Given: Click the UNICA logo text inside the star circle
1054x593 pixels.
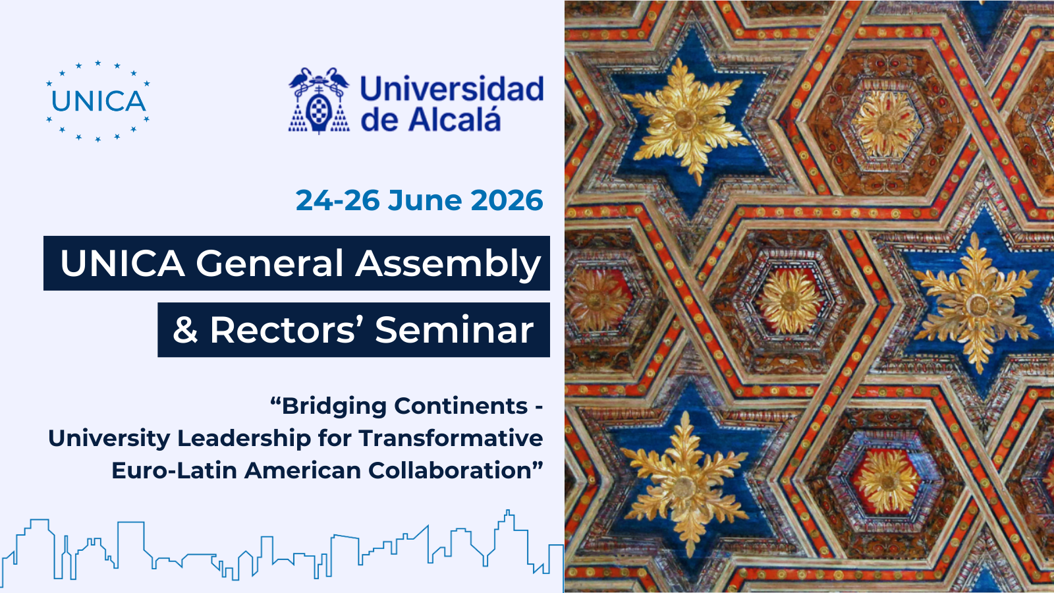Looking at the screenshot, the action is pyautogui.click(x=98, y=101).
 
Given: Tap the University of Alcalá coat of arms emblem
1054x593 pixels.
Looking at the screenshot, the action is pyautogui.click(x=319, y=101).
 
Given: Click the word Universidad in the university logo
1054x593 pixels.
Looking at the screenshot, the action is pyautogui.click(x=452, y=89).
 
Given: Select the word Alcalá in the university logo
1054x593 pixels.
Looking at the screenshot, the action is pyautogui.click(x=455, y=119).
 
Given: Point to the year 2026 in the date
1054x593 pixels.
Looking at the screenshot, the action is pyautogui.click(x=507, y=200).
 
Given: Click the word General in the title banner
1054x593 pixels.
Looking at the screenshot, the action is pyautogui.click(x=269, y=263).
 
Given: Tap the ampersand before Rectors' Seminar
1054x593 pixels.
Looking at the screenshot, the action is pyautogui.click(x=185, y=330).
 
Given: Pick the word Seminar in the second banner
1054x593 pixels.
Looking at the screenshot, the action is pyautogui.click(x=455, y=330).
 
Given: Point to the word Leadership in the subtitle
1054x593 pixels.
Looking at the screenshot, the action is pyautogui.click(x=244, y=438).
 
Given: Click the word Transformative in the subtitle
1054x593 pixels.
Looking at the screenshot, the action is pyautogui.click(x=451, y=438).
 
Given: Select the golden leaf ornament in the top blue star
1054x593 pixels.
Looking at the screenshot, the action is pyautogui.click(x=685, y=120).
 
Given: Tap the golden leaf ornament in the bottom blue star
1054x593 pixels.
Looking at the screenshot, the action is pyautogui.click(x=685, y=485).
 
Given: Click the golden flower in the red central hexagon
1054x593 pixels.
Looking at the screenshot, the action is pyautogui.click(x=790, y=301).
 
